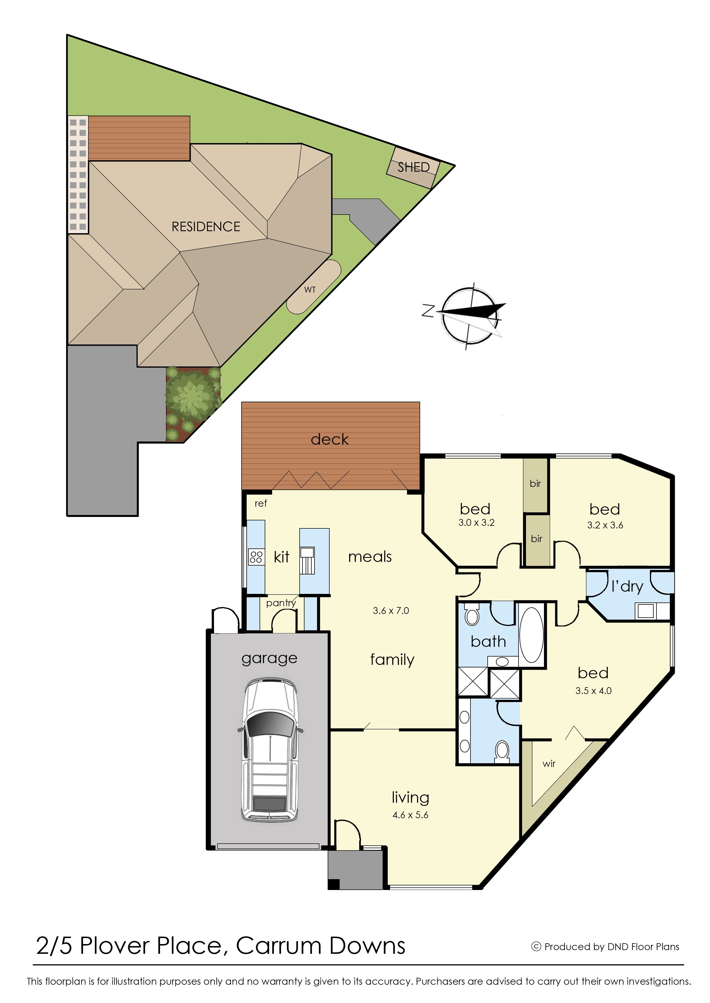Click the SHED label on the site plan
click(413, 167)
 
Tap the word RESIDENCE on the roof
click(206, 226)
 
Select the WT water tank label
click(310, 289)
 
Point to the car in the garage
click(270, 749)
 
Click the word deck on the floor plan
click(330, 439)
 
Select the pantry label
click(281, 603)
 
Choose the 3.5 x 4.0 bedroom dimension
click(593, 691)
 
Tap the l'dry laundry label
click(627, 586)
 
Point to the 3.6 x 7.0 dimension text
click(391, 610)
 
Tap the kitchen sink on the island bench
click(307, 560)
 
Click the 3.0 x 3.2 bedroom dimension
click(476, 523)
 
